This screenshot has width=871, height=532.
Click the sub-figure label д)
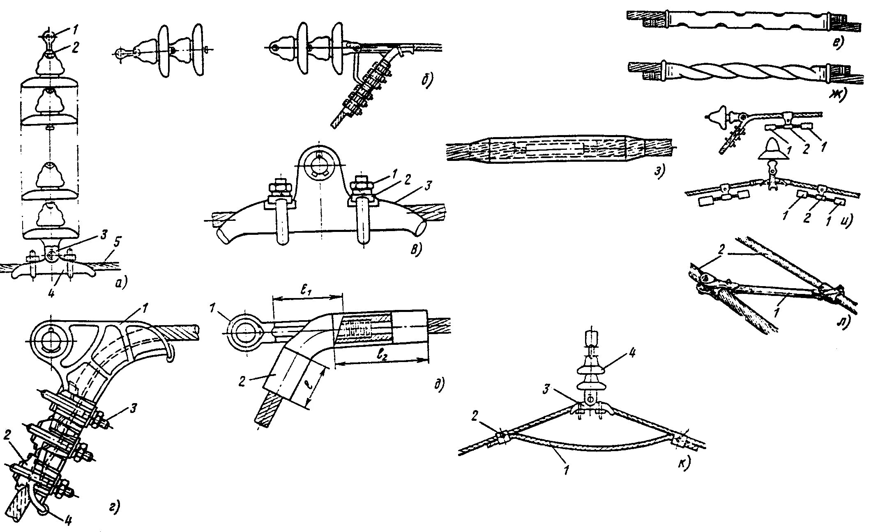(x=439, y=385)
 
